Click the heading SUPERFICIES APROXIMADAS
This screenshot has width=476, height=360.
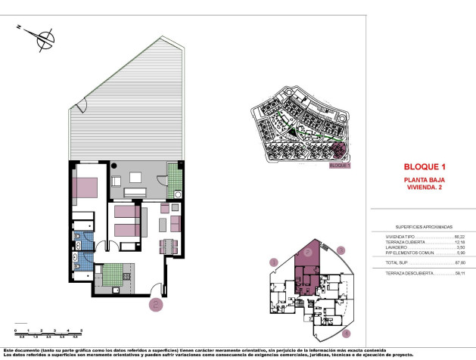pyautogui.click(x=424, y=226)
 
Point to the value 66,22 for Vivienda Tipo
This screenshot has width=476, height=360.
pyautogui.click(x=459, y=237)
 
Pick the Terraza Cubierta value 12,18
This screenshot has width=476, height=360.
pyautogui.click(x=459, y=242)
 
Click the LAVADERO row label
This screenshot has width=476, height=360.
pyautogui.click(x=397, y=247)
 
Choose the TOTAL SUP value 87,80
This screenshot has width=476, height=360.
pyautogui.click(x=459, y=262)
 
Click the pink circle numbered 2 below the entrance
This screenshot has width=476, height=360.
pyautogui.click(x=155, y=305)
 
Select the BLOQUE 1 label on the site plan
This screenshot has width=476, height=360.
pyautogui.click(x=341, y=164)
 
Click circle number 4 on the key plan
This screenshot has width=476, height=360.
pyautogui.click(x=347, y=333)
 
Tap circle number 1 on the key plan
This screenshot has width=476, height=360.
pyautogui.click(x=273, y=262)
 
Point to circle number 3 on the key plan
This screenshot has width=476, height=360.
pyautogui.click(x=341, y=250)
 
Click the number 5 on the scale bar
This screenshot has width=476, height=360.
pyautogui.click(x=81, y=331)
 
